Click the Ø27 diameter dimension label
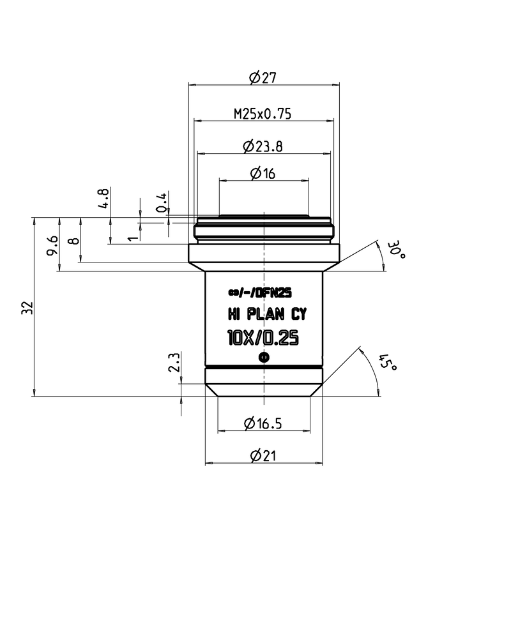click(x=263, y=77)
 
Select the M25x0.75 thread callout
click(x=263, y=114)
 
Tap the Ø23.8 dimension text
click(x=263, y=146)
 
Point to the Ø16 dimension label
click(x=263, y=173)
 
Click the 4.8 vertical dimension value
click(x=103, y=199)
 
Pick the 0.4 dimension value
click(x=162, y=202)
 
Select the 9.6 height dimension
click(x=53, y=246)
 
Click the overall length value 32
click(x=27, y=308)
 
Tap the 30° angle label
click(x=396, y=250)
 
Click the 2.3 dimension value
click(x=174, y=362)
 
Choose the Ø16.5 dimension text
click(x=263, y=423)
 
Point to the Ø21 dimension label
click(x=263, y=455)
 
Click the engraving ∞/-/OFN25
click(x=260, y=292)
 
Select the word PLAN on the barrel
click(x=266, y=314)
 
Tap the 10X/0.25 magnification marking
click(x=263, y=338)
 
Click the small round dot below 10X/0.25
click(x=264, y=358)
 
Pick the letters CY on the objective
click(x=299, y=314)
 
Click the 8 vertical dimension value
click(x=74, y=240)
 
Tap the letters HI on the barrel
click(x=234, y=314)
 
